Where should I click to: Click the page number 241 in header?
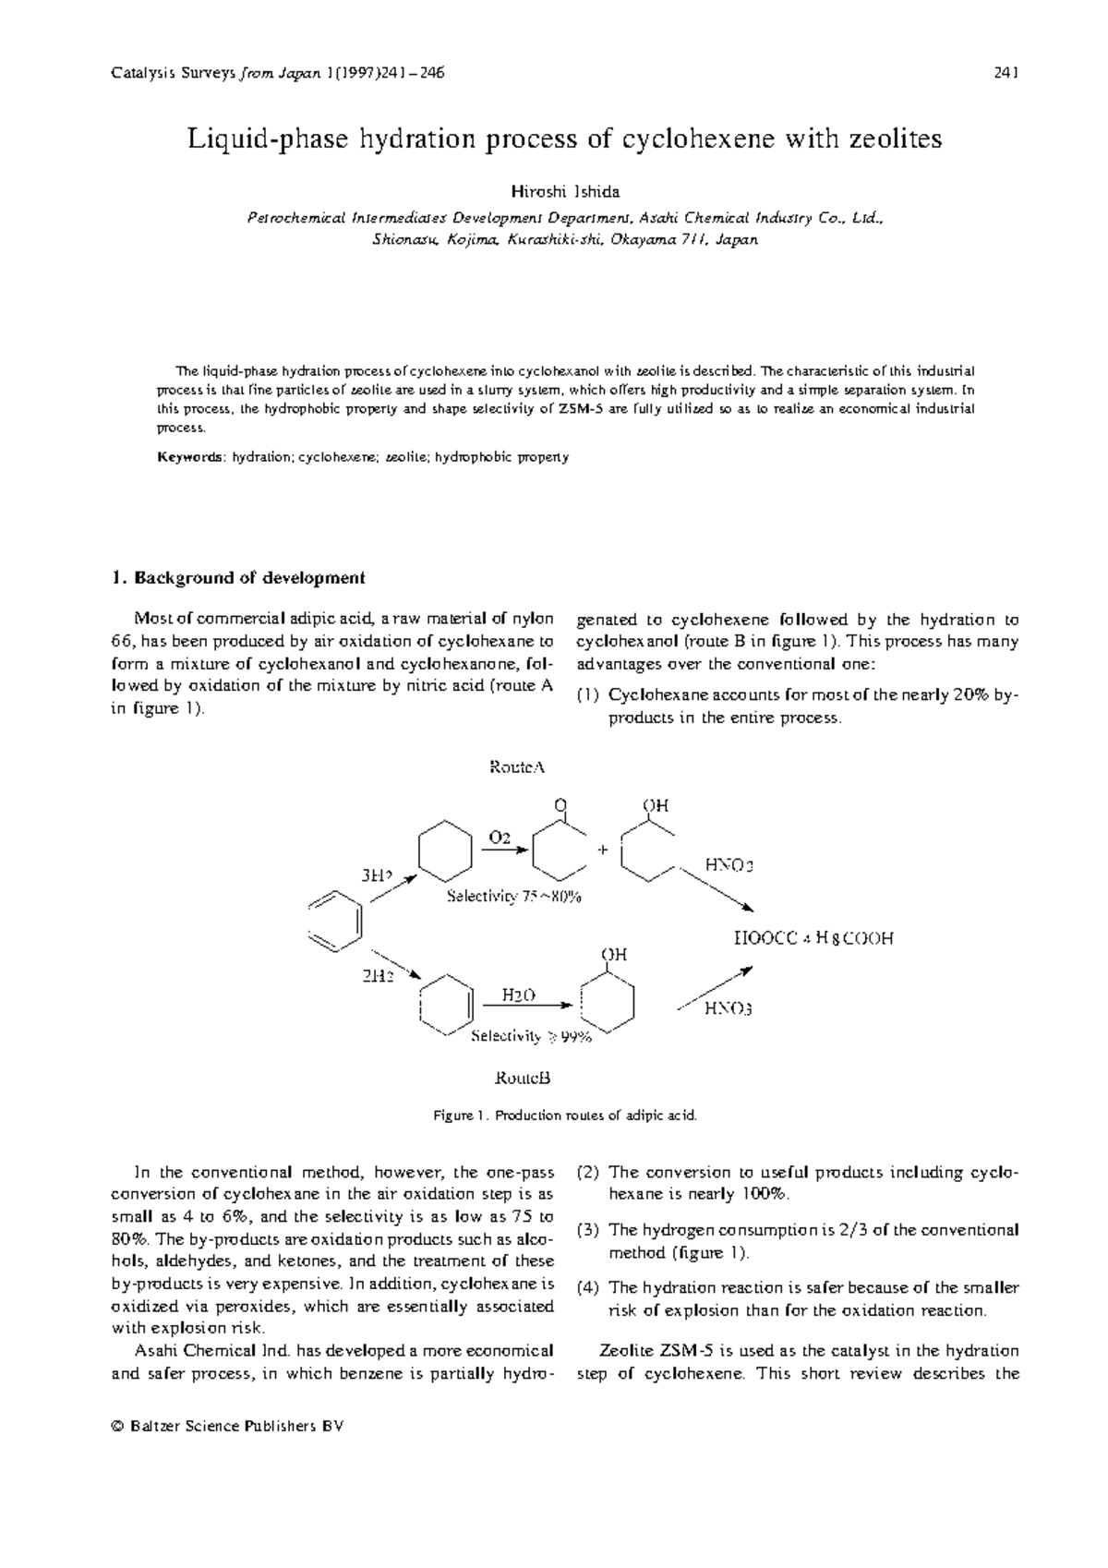click(x=1006, y=72)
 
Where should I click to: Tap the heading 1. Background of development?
click(x=237, y=578)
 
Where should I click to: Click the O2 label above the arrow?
click(x=500, y=838)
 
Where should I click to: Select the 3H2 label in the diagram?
click(x=376, y=874)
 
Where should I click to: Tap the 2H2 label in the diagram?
click(x=378, y=976)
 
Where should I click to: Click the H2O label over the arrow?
click(x=518, y=995)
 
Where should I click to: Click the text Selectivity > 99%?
click(x=530, y=1037)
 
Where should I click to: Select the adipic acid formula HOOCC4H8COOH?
click(x=813, y=939)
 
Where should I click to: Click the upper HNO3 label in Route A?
click(x=729, y=865)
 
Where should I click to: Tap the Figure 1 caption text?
click(x=565, y=1116)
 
